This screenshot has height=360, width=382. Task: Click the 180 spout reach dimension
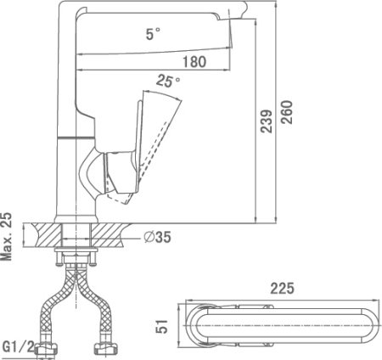point(194,62)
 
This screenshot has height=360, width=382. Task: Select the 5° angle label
point(153,34)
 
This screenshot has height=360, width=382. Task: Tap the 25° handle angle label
point(168,82)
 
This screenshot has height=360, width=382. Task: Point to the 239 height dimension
point(266,121)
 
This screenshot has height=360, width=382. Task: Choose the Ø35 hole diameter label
point(157,237)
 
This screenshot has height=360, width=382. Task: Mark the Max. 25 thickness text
point(7,236)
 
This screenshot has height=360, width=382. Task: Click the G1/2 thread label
point(19,346)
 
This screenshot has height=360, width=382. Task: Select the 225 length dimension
point(282,289)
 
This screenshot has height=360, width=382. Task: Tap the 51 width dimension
point(162,326)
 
